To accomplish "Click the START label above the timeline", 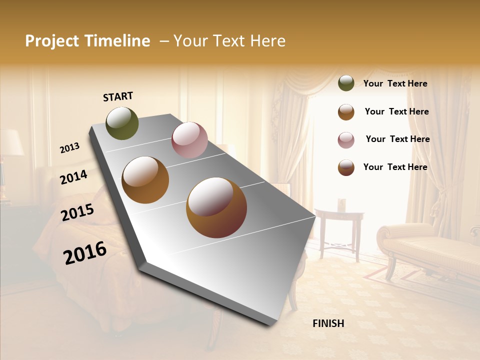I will (x=118, y=96).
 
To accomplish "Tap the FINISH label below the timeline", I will (x=328, y=323).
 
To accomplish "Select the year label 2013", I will (x=70, y=148).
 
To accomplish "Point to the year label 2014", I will (x=74, y=177).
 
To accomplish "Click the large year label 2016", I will (x=85, y=253).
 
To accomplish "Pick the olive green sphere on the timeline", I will (x=122, y=123).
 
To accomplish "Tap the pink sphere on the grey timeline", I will (x=189, y=140).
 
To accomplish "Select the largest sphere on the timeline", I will (x=216, y=207).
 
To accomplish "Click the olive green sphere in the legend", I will (x=346, y=83).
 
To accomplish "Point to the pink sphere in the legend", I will (x=346, y=140).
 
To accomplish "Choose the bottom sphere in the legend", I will (x=346, y=167).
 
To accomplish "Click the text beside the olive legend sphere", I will (x=395, y=84).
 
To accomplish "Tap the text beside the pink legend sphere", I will (x=397, y=139).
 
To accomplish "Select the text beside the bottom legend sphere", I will (x=395, y=167).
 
